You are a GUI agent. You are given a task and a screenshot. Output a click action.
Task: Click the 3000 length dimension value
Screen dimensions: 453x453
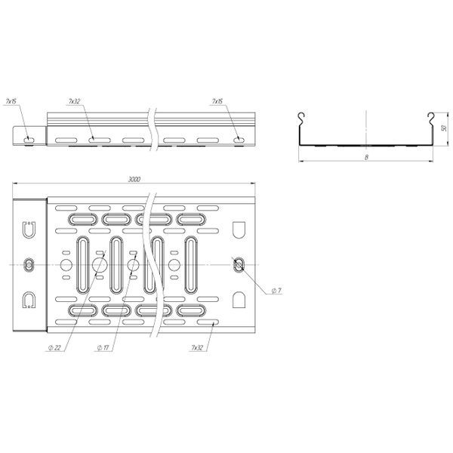[134, 180]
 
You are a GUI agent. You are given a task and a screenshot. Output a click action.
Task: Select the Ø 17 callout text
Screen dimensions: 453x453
[103, 347]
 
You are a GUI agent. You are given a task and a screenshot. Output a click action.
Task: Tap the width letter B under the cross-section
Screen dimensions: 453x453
[366, 157]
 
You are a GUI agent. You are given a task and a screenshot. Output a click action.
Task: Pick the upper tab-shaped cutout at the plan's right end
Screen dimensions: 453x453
[239, 229]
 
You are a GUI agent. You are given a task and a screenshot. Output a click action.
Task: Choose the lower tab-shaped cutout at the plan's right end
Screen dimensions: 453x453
[239, 299]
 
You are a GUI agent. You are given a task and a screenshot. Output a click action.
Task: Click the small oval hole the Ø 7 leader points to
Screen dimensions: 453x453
[239, 263]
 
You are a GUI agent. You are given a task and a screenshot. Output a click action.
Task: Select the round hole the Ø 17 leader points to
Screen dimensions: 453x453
[133, 264]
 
